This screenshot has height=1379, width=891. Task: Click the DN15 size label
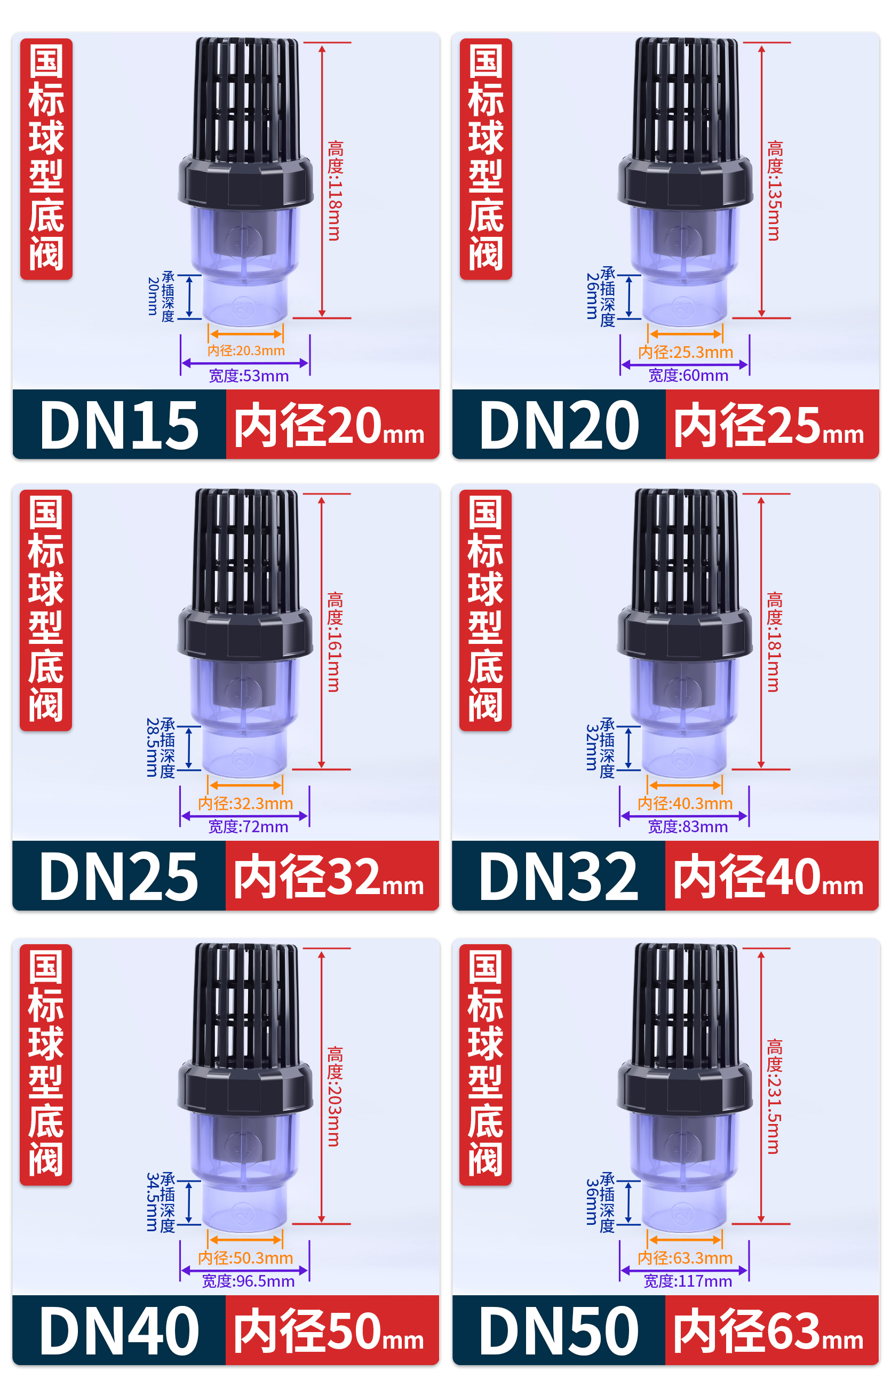pyautogui.click(x=119, y=425)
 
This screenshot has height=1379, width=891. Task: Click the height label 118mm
pyautogui.click(x=335, y=190)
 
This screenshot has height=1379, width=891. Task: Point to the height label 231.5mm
pyautogui.click(x=774, y=1096)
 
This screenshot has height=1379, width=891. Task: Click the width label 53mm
pyautogui.click(x=249, y=376)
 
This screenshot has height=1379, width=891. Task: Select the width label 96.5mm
pyautogui.click(x=248, y=1281)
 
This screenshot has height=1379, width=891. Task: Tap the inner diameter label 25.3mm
pyautogui.click(x=686, y=352)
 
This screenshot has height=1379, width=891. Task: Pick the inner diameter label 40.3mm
pyautogui.click(x=685, y=803)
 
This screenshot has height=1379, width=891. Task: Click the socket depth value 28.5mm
pyautogui.click(x=152, y=747)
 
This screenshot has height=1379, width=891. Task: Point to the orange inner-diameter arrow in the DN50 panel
pyautogui.click(x=686, y=1240)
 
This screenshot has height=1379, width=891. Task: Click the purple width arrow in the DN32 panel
pyautogui.click(x=684, y=816)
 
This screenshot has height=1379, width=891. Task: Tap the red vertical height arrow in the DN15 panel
pyautogui.click(x=322, y=180)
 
